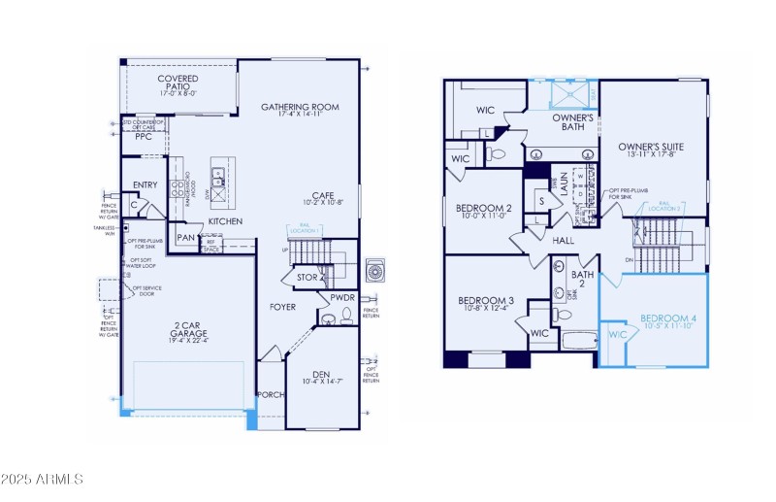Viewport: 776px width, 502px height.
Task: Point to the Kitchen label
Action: (224, 221)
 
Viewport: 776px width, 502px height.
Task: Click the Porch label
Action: (270, 395)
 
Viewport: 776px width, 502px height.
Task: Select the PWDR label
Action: (342, 298)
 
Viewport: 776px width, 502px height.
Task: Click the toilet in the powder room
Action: (330, 317)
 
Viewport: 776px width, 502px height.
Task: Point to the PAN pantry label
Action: (185, 237)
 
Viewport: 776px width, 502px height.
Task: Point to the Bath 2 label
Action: (582, 281)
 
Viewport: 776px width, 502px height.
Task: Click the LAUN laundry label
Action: (563, 185)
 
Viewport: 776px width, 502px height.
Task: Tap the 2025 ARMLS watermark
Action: (43, 480)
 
